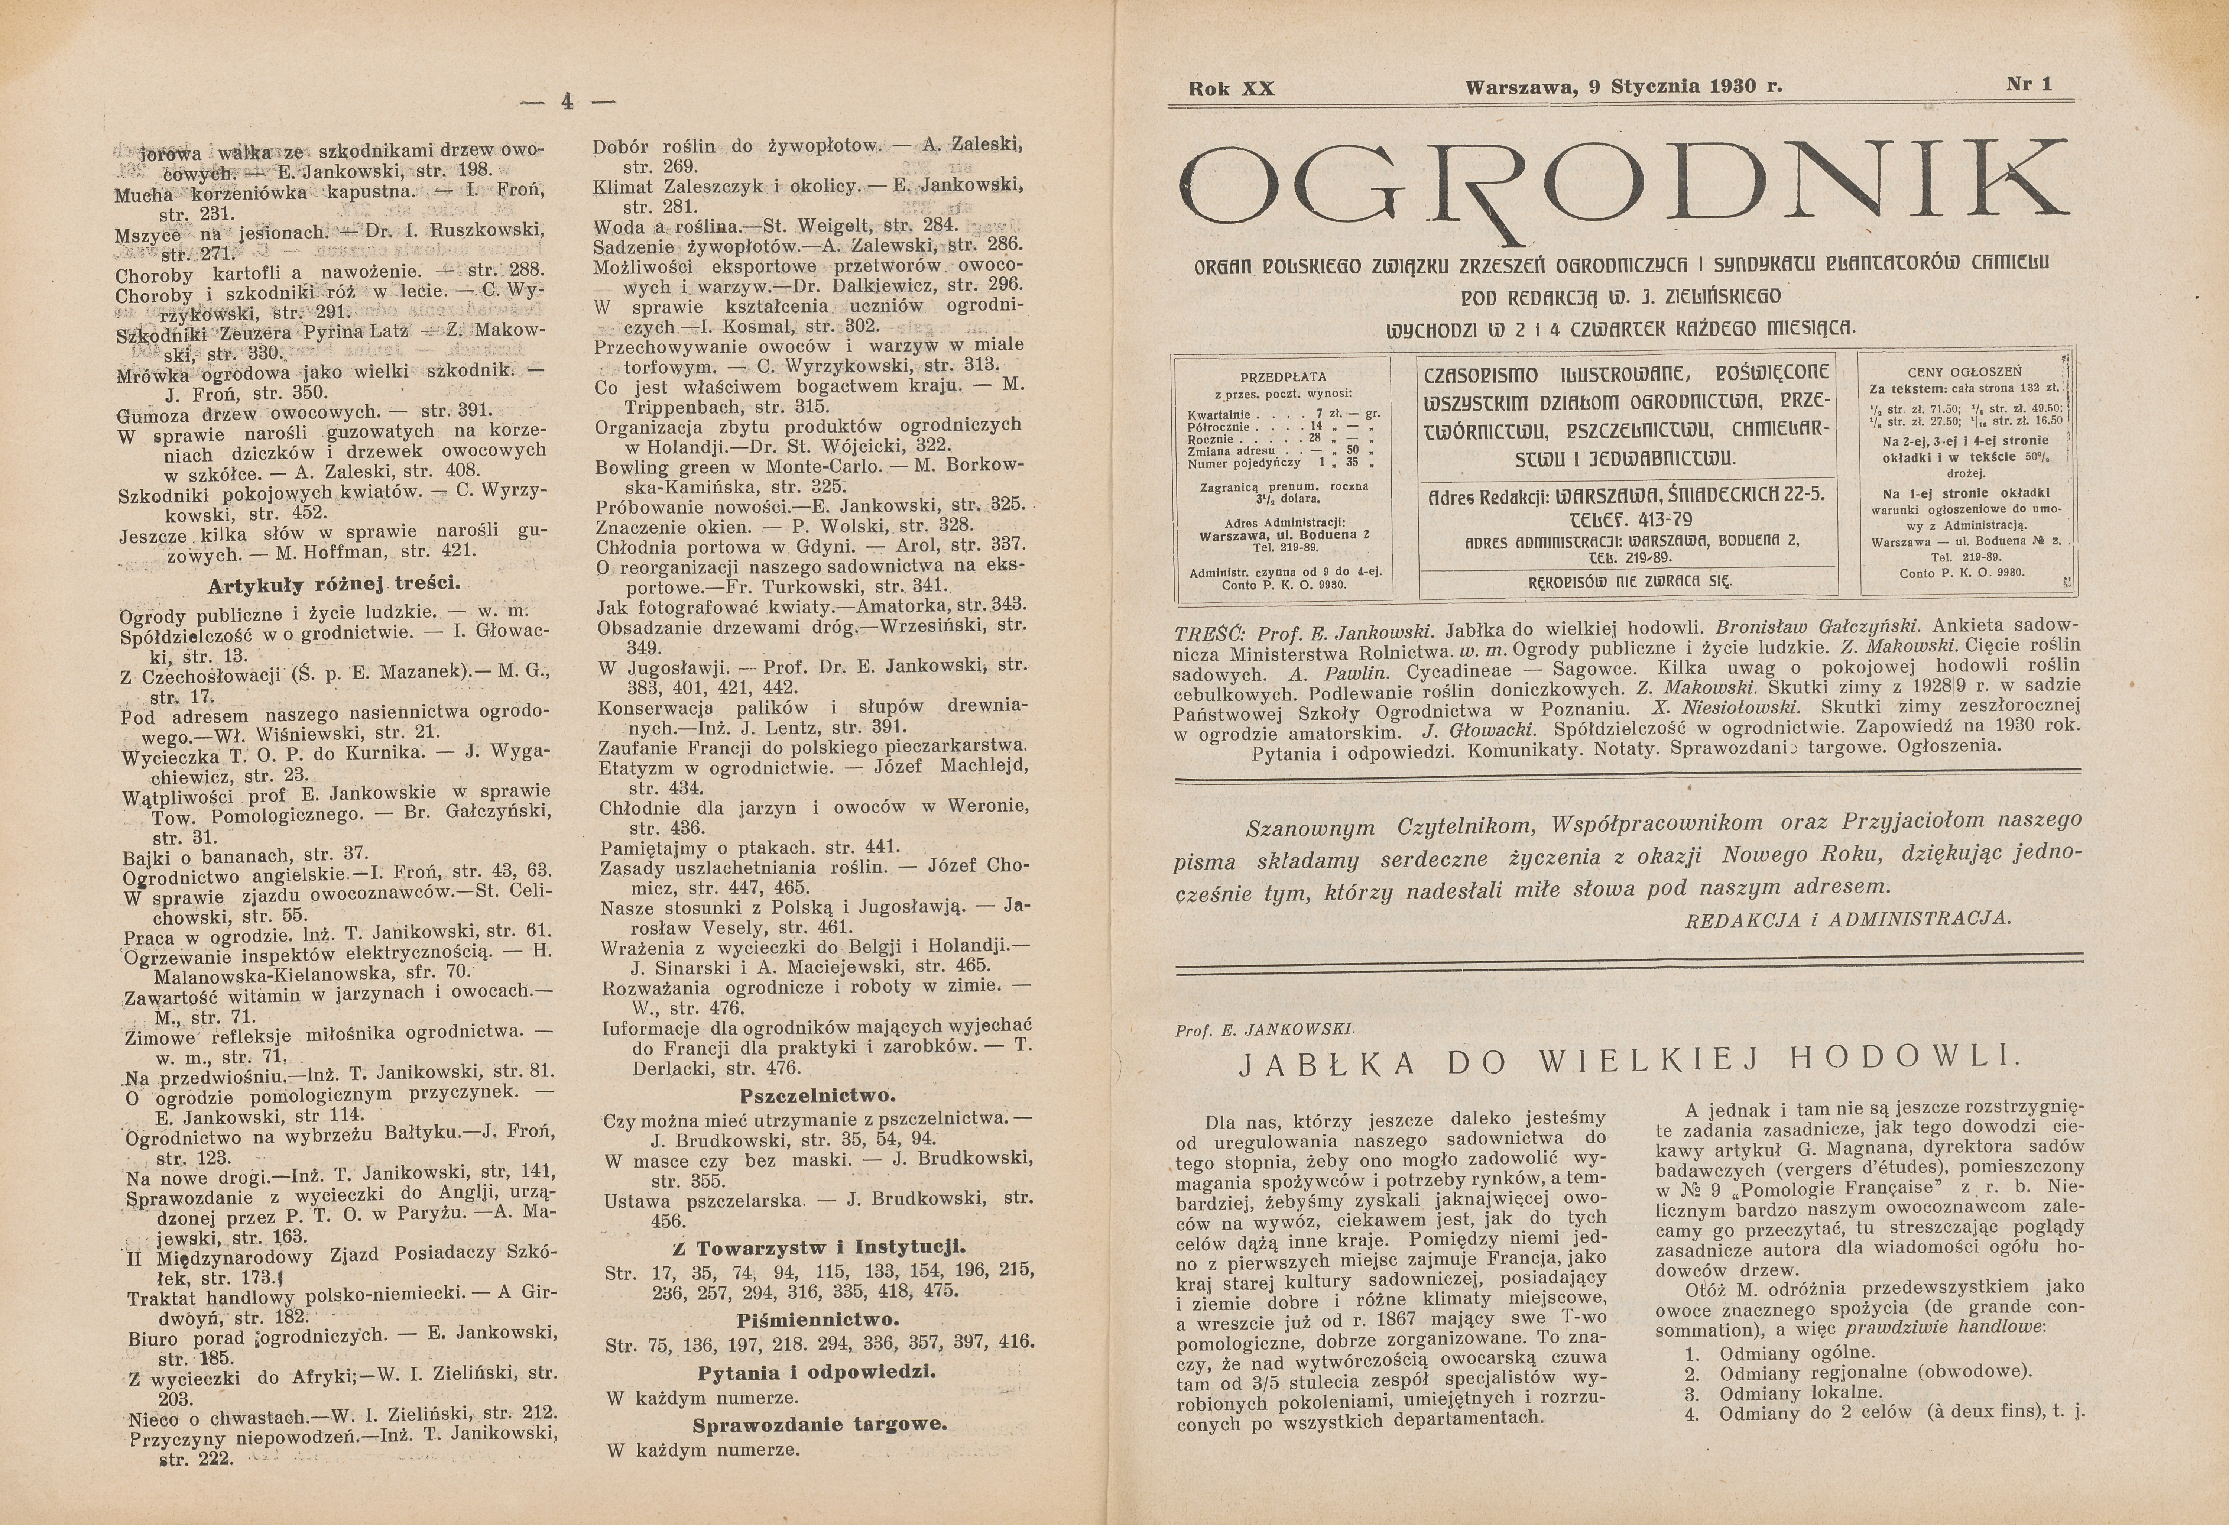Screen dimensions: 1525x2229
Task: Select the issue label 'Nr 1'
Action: pos(2028,84)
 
